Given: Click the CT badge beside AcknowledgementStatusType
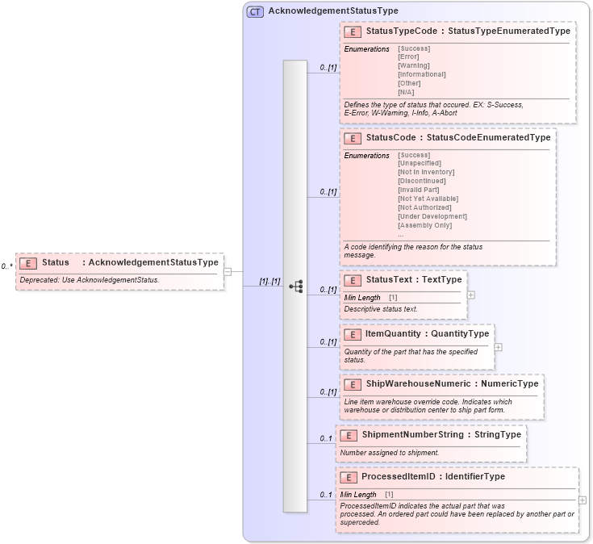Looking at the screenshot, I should coord(255,11).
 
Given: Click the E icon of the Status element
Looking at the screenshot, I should coord(28,262).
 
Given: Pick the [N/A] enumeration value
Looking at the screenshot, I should coord(406,92).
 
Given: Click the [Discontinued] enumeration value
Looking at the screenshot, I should coord(421,181).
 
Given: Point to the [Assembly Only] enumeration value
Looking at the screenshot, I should coord(424,225).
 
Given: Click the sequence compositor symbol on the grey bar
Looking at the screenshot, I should coord(295,286).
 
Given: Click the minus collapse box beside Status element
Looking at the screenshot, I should coord(228,271).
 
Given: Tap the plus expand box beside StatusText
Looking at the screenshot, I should coord(471,295).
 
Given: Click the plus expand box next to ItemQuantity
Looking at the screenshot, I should coord(498,347).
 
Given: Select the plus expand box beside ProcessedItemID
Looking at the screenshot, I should coord(583,500).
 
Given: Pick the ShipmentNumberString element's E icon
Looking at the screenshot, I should coord(349,435).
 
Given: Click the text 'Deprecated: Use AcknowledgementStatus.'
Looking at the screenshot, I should coord(90,280).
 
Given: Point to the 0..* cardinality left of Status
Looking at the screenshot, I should coord(6,266).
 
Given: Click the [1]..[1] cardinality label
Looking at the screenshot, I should coord(269,282).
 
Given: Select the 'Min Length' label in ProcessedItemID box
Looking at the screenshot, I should coord(358,494).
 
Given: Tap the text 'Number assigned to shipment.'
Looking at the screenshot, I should coord(390,453).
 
